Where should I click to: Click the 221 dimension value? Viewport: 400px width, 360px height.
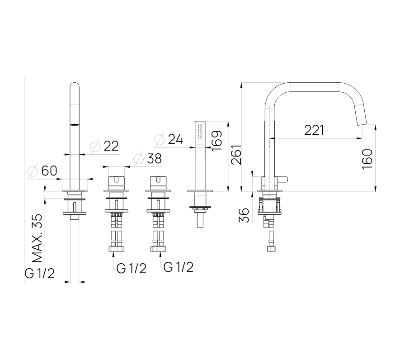click(314, 130)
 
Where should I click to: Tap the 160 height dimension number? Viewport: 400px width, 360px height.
click(367, 159)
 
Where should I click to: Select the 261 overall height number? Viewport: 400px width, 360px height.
click(236, 155)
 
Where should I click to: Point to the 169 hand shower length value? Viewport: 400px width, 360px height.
click(217, 141)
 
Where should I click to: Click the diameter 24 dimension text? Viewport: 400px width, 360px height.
click(169, 139)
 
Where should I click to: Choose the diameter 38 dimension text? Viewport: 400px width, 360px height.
click(147, 159)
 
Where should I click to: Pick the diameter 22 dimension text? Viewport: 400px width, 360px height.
click(104, 146)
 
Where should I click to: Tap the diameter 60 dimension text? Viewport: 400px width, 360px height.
click(42, 171)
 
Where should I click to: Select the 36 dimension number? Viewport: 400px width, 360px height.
click(244, 215)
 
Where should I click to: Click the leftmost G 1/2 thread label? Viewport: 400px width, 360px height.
click(39, 274)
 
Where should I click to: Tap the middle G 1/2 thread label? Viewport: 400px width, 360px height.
click(132, 269)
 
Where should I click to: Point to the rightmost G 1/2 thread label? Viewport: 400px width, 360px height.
click(179, 267)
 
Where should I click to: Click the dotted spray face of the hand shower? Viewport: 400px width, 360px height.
click(200, 132)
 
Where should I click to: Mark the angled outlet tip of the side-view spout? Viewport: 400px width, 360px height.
click(362, 123)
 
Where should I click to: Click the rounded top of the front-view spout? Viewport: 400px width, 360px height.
click(75, 85)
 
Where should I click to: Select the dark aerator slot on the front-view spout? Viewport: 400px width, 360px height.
click(75, 124)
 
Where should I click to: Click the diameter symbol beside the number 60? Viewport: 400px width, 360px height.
click(33, 171)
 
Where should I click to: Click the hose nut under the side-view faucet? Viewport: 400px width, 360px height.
click(271, 249)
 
